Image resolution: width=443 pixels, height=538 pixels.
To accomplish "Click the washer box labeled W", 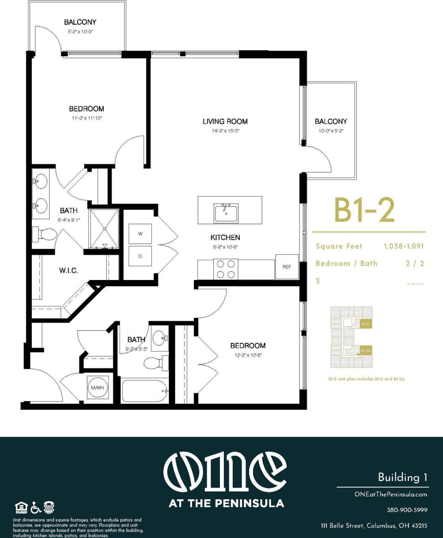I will tap(140, 234).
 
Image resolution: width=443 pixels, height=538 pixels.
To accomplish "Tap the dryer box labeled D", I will tap(140, 257).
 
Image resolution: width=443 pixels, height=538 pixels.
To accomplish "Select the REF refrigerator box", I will tap(287, 267).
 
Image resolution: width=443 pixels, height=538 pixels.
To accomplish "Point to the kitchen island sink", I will tap(226, 212).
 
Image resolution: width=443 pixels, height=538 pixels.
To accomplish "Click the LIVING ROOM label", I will tap(225, 121).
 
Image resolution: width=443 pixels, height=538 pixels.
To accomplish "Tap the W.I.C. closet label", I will tap(69, 271).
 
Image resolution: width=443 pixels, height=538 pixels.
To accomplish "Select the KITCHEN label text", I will tap(225, 237).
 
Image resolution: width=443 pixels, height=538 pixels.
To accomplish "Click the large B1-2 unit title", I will tap(364, 210).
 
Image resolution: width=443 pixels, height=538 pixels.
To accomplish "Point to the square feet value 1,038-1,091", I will tap(403, 246).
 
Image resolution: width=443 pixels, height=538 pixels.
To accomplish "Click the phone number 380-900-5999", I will tap(407, 510).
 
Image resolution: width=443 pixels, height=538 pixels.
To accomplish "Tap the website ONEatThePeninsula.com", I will tap(391, 494).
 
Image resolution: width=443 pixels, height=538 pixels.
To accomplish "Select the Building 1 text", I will tap(402, 477).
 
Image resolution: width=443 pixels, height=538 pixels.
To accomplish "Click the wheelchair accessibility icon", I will tap(36, 507).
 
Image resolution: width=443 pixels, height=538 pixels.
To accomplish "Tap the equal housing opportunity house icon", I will tap(21, 507).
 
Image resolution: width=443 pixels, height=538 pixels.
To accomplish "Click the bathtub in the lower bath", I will tap(144, 391).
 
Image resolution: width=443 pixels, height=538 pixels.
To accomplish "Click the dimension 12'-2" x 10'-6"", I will tap(248, 355).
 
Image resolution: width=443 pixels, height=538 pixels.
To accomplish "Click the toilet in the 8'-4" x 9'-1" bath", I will tap(45, 235).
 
